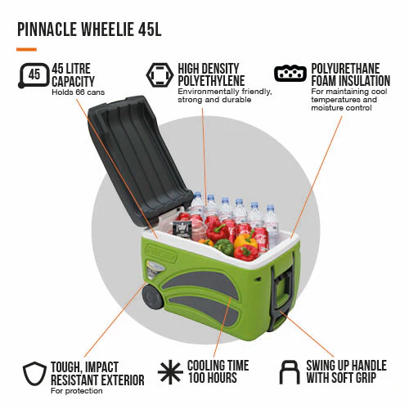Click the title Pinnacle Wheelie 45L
pyautogui.click(x=89, y=29)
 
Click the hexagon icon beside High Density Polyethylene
pyautogui.click(x=160, y=74)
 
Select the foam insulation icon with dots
pyautogui.click(x=290, y=74)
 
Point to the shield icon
pyautogui.click(x=34, y=374)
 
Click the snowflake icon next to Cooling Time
pyautogui.click(x=170, y=372)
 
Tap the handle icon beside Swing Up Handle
pyautogui.click(x=290, y=372)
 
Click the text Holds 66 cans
pyautogui.click(x=79, y=92)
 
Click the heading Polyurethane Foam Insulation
pyautogui.click(x=351, y=74)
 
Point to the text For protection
pyautogui.click(x=77, y=391)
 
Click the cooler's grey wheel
pyautogui.click(x=153, y=297)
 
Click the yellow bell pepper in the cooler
pyautogui.click(x=245, y=240)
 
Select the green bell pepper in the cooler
pyautogui.click(x=223, y=247)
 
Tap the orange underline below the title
pyautogui.click(x=26, y=49)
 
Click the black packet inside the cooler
pyautogui.click(x=181, y=228)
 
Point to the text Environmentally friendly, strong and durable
pyautogui.click(x=225, y=96)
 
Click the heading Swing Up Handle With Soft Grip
pyautogui.click(x=346, y=371)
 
